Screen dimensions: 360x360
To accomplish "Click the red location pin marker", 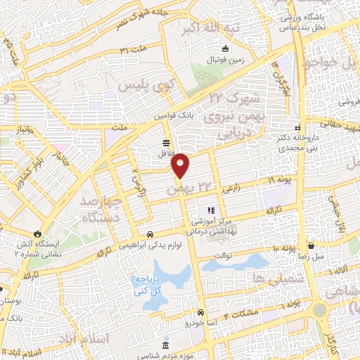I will (x=181, y=166).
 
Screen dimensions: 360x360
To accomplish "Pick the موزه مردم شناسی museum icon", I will (x=166, y=345).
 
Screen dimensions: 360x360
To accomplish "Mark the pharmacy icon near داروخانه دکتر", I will (x=298, y=128).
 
